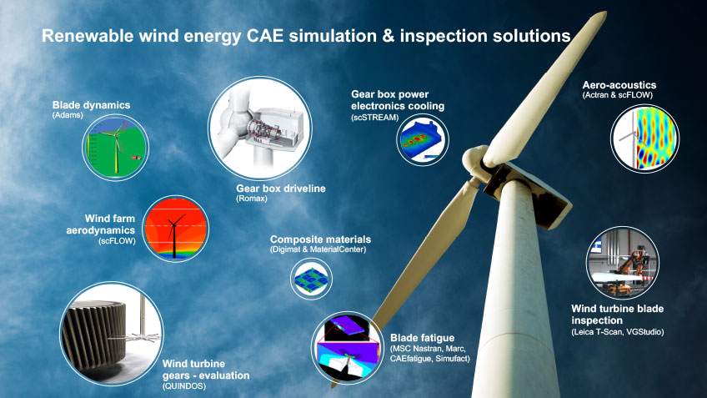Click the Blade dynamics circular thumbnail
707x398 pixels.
[115, 148]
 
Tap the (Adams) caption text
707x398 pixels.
[68, 115]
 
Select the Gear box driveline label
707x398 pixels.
[281, 189]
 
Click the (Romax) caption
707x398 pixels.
[252, 199]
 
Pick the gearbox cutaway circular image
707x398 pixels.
[260, 128]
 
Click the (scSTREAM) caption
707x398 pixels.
[375, 118]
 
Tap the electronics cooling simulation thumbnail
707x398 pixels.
[423, 140]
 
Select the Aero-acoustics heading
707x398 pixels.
[619, 85]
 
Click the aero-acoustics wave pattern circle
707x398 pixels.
[644, 139]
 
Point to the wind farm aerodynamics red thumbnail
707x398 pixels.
[175, 229]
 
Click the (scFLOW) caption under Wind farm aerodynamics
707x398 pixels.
[117, 241]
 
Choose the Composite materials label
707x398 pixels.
[321, 239]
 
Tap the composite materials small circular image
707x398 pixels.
[311, 279]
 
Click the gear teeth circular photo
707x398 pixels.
[112, 334]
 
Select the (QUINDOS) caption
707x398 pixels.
[184, 386]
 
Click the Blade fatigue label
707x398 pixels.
[423, 338]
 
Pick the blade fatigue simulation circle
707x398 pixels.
[347, 347]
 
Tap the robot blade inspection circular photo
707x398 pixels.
[623, 263]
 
